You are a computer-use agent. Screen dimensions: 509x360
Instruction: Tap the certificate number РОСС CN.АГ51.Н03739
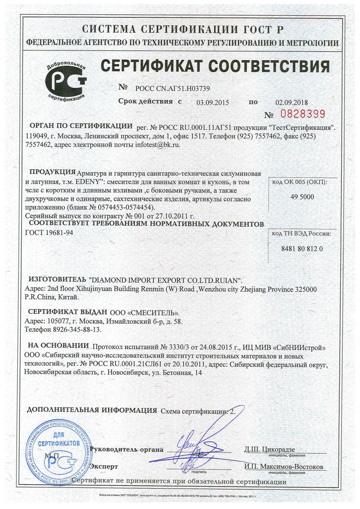pyautogui.click(x=173, y=89)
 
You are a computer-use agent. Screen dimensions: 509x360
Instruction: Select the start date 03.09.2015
pyautogui.click(x=213, y=102)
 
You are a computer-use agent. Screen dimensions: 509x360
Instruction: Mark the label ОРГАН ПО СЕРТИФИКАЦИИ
pyautogui.click(x=80, y=126)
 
